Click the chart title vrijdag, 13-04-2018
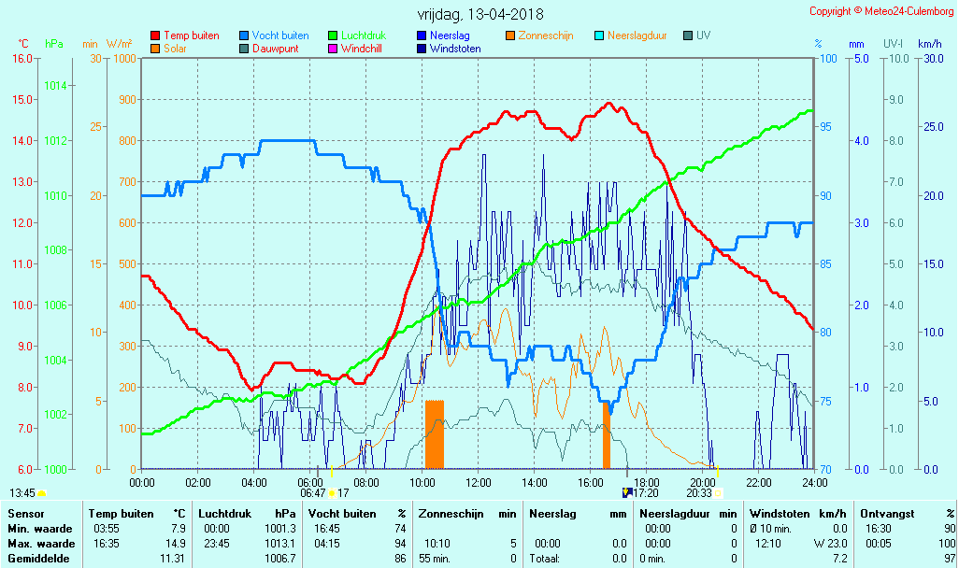(x=479, y=14)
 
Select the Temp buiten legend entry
(x=191, y=35)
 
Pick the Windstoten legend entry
(x=455, y=49)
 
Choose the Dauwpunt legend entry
(x=276, y=49)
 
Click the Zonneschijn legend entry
(x=547, y=35)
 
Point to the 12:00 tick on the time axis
(x=479, y=482)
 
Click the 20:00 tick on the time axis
(x=703, y=482)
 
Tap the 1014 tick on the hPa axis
(x=55, y=86)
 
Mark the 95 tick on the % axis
(x=827, y=127)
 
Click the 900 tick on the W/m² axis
(x=125, y=99)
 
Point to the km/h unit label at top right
(x=930, y=44)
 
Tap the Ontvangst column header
(x=889, y=514)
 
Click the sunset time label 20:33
(x=699, y=492)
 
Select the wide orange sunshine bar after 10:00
(x=435, y=434)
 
